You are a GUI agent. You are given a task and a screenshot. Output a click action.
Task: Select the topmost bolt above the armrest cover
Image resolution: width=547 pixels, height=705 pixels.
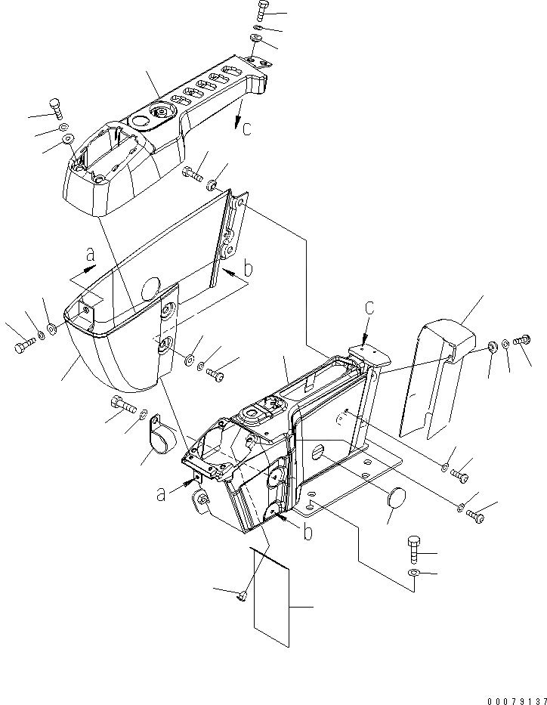click(261, 11)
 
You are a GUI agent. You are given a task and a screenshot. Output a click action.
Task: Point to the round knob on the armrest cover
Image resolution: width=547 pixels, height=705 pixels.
click(161, 113)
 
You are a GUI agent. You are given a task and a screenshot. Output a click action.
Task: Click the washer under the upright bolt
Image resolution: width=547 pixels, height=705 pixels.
click(413, 575)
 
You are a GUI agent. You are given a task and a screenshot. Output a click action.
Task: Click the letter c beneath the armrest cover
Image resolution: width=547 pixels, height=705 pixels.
click(246, 128)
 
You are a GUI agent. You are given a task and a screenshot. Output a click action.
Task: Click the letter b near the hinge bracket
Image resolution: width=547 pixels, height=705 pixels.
click(247, 268)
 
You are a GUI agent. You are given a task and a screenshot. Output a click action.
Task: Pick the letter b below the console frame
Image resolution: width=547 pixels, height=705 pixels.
click(307, 533)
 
